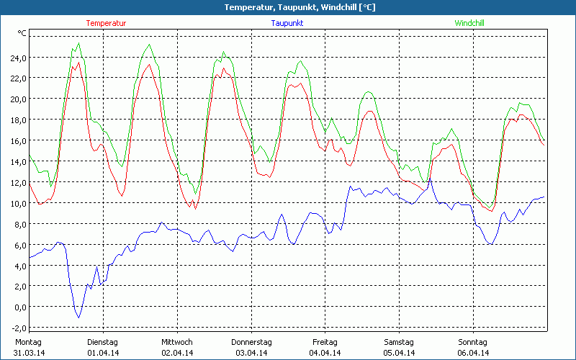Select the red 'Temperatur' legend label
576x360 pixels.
106,23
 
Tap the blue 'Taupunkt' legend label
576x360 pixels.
287,23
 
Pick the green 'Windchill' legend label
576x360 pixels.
469,23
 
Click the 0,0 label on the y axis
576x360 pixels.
19,307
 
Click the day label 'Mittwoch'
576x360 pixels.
177,342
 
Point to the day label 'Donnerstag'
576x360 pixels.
251,342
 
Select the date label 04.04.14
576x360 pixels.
325,353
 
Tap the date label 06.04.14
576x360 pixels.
474,353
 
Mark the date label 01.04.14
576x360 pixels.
103,353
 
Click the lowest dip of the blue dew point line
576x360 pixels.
78,317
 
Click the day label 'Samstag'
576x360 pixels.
399,342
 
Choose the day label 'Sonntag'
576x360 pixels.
473,342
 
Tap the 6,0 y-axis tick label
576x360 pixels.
19,245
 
